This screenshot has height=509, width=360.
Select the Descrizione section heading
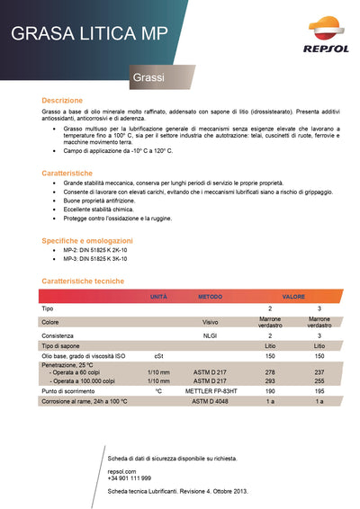pos(62,100)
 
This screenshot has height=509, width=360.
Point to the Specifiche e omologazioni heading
pos(87,240)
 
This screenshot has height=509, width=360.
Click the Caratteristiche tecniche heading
pos(84,281)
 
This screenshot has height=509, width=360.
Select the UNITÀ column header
pos(158,296)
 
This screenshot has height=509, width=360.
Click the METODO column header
pos(210,296)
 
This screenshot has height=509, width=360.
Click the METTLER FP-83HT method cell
pos(210,391)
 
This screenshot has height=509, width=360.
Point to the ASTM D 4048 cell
pos(210,401)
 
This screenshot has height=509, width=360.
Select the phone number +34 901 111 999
pos(129,478)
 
